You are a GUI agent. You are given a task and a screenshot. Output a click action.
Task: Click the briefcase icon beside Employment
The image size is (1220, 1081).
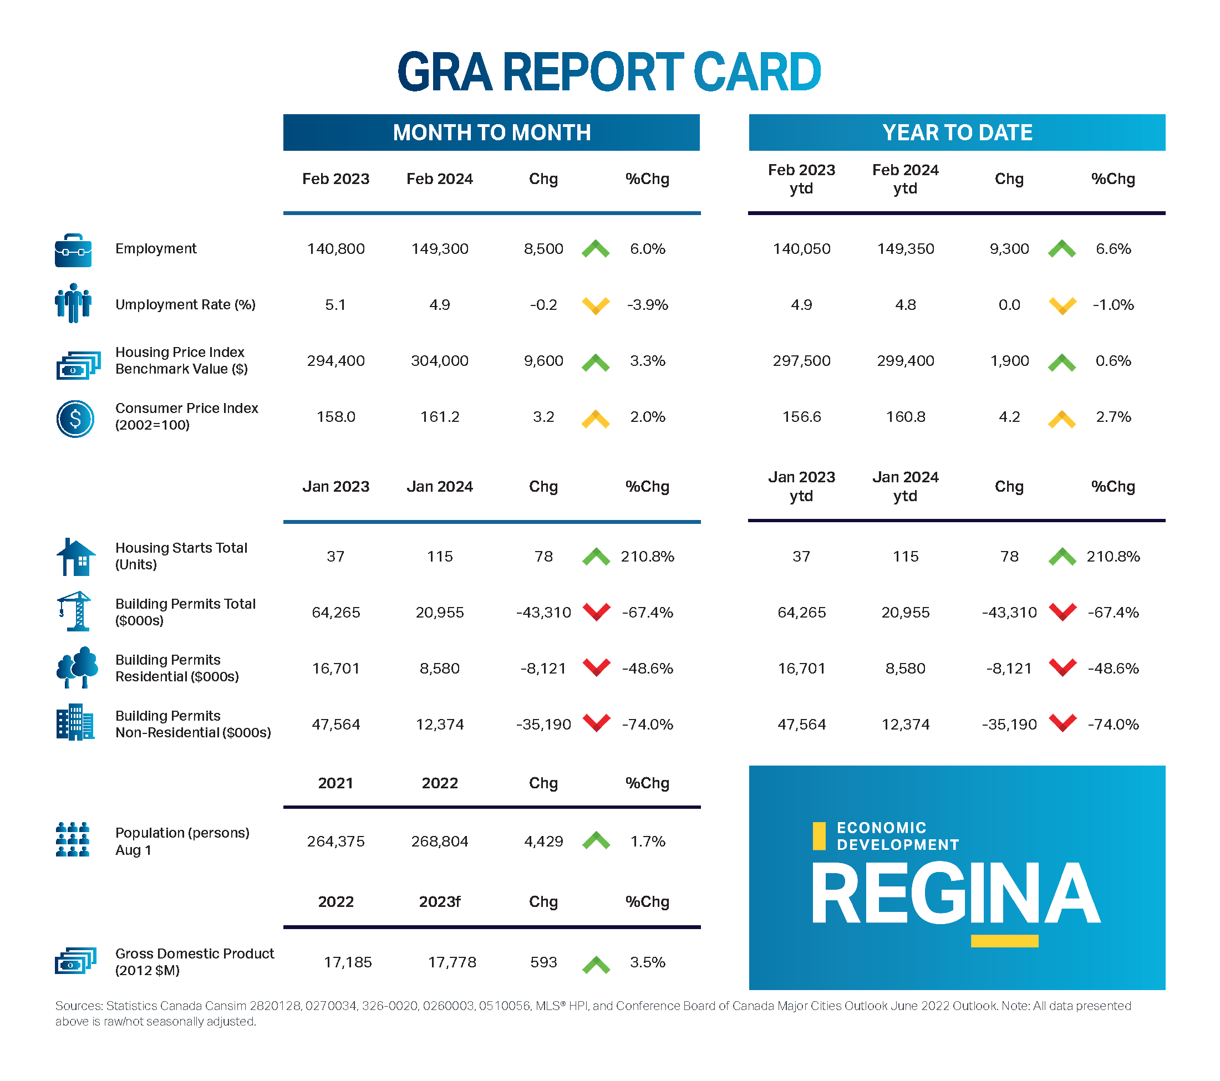click(73, 250)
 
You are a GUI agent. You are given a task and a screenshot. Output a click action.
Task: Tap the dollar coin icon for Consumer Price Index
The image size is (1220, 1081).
click(75, 418)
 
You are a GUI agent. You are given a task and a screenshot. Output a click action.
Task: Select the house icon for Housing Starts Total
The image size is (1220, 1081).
click(76, 557)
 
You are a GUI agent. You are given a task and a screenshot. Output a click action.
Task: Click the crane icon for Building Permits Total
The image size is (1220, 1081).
click(75, 611)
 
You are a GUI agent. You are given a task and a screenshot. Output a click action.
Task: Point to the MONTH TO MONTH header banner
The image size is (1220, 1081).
click(491, 132)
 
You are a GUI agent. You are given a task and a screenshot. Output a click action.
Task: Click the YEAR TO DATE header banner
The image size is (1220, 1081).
click(957, 132)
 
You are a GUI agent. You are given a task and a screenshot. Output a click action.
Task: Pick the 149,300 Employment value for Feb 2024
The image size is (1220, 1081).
click(440, 249)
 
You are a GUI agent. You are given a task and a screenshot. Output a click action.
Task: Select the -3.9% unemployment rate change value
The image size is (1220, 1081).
click(647, 305)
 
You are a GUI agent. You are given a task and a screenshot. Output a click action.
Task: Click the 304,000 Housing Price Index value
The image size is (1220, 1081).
click(440, 361)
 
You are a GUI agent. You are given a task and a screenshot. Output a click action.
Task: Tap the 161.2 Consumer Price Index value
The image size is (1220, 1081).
click(440, 417)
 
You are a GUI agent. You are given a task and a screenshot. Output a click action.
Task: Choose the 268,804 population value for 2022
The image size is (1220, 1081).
click(440, 841)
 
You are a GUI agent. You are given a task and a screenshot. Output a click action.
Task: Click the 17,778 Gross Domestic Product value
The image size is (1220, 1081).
click(452, 962)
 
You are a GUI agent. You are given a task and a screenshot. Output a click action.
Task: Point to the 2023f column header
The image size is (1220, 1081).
click(440, 901)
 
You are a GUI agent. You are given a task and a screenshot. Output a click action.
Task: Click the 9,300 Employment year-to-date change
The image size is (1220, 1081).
click(1009, 249)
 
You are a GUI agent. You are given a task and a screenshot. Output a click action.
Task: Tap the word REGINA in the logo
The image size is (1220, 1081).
click(955, 894)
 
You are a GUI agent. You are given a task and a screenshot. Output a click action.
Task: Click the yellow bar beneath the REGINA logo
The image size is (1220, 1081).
click(1004, 941)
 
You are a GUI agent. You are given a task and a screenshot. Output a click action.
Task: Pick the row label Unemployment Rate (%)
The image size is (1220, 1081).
click(185, 305)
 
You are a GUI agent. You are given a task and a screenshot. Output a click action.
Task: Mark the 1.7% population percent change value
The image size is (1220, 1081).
click(648, 841)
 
